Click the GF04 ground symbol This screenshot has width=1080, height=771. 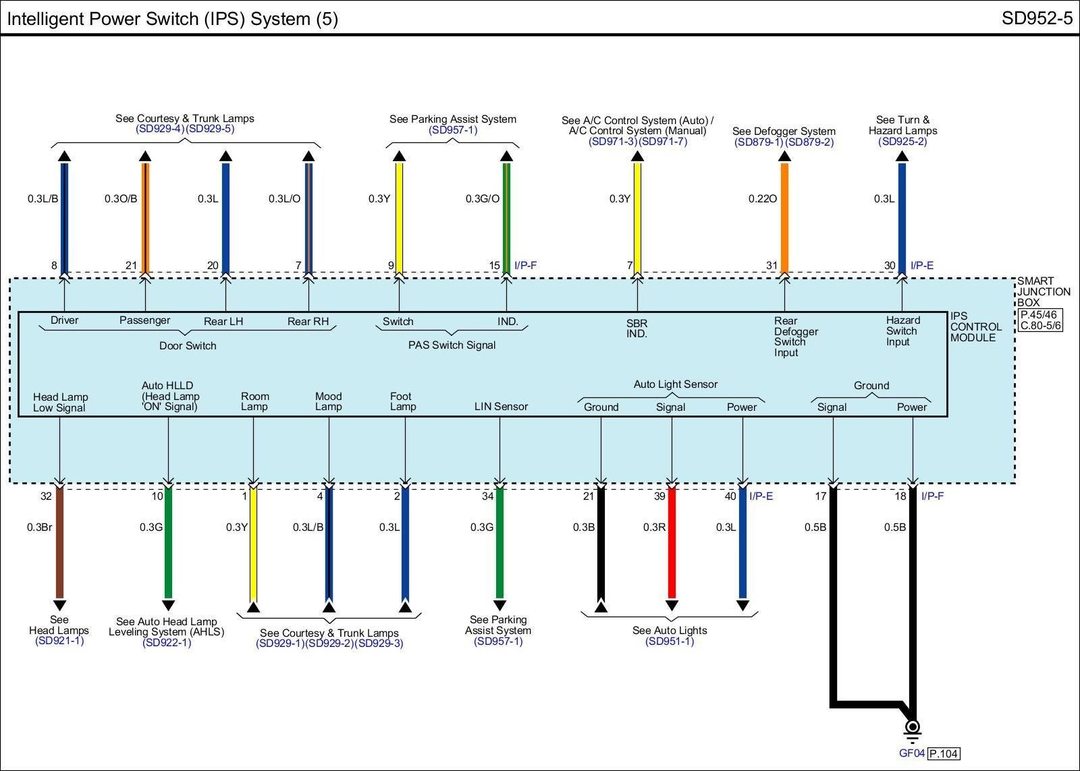(912, 729)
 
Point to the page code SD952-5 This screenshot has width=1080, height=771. (1036, 18)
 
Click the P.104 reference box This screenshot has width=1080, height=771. (944, 753)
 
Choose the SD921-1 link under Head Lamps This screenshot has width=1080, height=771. (59, 641)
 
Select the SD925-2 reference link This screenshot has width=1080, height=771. (902, 142)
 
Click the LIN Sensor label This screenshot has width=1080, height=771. (501, 406)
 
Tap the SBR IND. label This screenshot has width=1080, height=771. (637, 329)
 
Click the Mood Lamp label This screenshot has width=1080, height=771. (329, 401)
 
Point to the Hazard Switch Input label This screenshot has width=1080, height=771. (902, 331)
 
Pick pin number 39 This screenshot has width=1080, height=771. (659, 496)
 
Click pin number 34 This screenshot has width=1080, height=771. (487, 496)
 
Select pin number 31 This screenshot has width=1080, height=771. (772, 266)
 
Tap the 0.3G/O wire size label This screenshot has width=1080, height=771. (482, 199)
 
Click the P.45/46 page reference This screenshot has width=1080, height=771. (1039, 314)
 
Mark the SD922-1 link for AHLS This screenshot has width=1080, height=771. (167, 643)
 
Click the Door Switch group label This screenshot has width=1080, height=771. (188, 345)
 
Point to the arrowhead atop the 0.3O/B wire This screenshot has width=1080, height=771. (145, 156)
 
